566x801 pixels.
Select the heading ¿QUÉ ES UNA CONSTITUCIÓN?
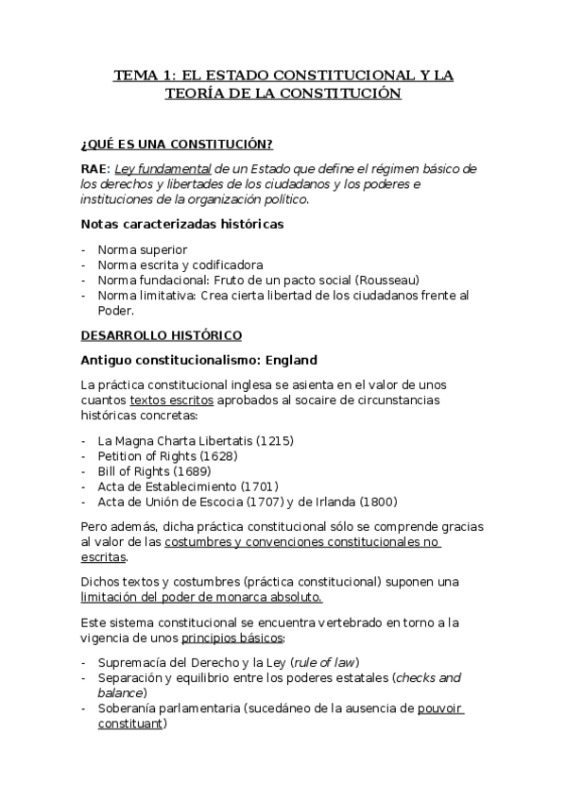(177, 144)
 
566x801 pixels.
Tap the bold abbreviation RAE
(95, 169)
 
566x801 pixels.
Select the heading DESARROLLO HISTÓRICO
(162, 335)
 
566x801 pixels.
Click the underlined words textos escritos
(171, 400)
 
